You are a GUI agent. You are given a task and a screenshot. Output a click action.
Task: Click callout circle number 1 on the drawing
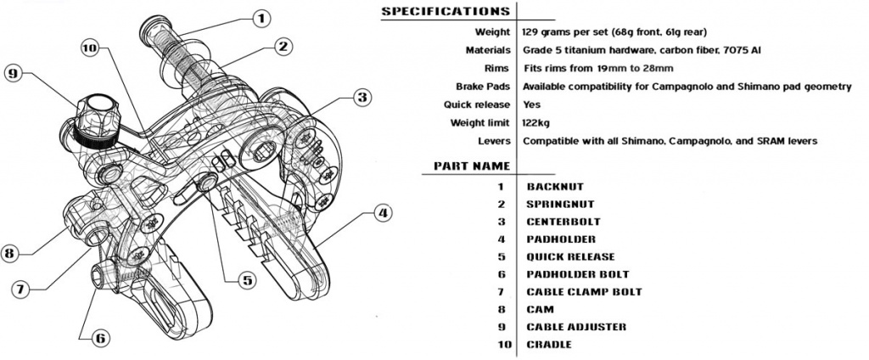[261, 16]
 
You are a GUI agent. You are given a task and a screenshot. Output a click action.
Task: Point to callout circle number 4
[384, 213]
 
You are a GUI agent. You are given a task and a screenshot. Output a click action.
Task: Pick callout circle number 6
[99, 338]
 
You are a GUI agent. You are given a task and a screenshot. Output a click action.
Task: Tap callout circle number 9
[13, 74]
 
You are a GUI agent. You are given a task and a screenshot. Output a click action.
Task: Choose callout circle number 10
[90, 48]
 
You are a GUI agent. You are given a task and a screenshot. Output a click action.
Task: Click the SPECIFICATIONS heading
[445, 11]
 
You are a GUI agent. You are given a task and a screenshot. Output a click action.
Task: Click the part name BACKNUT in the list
[553, 186]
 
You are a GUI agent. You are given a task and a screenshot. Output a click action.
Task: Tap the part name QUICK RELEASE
[570, 256]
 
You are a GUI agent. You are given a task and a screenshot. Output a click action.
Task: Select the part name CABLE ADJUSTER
[576, 327]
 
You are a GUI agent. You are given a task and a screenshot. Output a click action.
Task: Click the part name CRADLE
[549, 344]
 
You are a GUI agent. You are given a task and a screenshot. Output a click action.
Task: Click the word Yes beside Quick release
[530, 105]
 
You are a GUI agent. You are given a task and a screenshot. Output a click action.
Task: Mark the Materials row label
[487, 50]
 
